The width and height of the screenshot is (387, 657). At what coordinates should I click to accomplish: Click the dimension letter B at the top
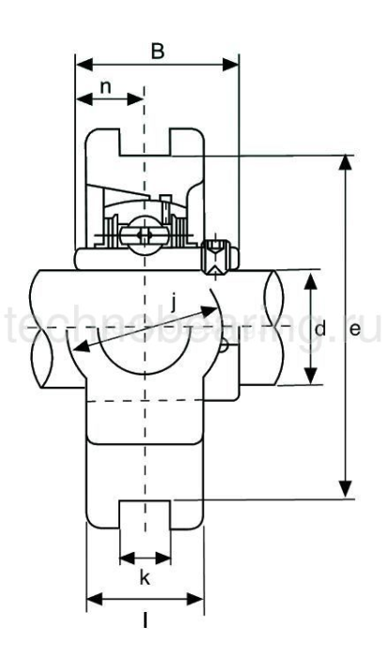(159, 51)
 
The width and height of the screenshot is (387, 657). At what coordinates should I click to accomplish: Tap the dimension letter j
(177, 302)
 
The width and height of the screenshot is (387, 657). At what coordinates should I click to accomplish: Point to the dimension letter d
(320, 328)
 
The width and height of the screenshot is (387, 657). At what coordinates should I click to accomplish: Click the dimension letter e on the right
(354, 329)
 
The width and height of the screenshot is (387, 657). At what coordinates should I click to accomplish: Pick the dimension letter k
(145, 578)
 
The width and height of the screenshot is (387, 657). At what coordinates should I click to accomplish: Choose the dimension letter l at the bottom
(145, 619)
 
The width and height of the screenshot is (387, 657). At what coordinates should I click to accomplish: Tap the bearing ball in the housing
(146, 234)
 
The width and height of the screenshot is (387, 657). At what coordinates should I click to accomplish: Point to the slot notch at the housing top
(145, 142)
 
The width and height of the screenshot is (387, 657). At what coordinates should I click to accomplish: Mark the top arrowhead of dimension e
(346, 159)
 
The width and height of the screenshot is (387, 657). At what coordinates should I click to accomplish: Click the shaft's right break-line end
(278, 328)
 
